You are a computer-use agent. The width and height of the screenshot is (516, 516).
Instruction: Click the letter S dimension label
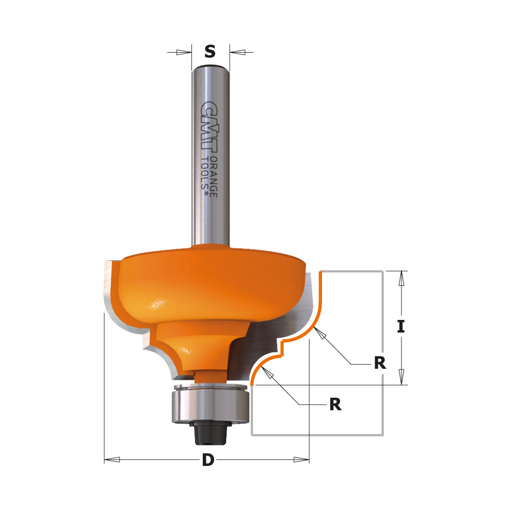point(209,52)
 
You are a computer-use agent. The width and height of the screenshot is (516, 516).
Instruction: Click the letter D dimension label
point(207,460)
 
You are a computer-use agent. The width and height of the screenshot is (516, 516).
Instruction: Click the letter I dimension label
point(400,327)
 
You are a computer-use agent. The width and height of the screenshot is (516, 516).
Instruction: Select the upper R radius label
point(380,363)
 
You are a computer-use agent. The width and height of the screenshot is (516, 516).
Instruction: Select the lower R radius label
point(335,404)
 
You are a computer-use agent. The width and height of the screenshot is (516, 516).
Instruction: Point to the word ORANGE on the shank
point(213,175)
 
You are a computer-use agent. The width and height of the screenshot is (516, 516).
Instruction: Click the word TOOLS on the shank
point(205,174)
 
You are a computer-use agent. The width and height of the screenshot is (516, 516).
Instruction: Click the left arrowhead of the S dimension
point(183,52)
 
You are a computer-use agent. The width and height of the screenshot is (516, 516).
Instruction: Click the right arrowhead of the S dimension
point(238,52)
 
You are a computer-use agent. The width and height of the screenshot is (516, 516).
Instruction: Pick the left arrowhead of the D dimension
point(113,459)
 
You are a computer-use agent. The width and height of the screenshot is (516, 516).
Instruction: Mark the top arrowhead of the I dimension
point(401,279)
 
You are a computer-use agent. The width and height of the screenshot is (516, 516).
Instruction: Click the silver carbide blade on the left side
point(109,289)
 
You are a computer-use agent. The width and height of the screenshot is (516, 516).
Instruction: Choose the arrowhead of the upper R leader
point(321,334)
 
